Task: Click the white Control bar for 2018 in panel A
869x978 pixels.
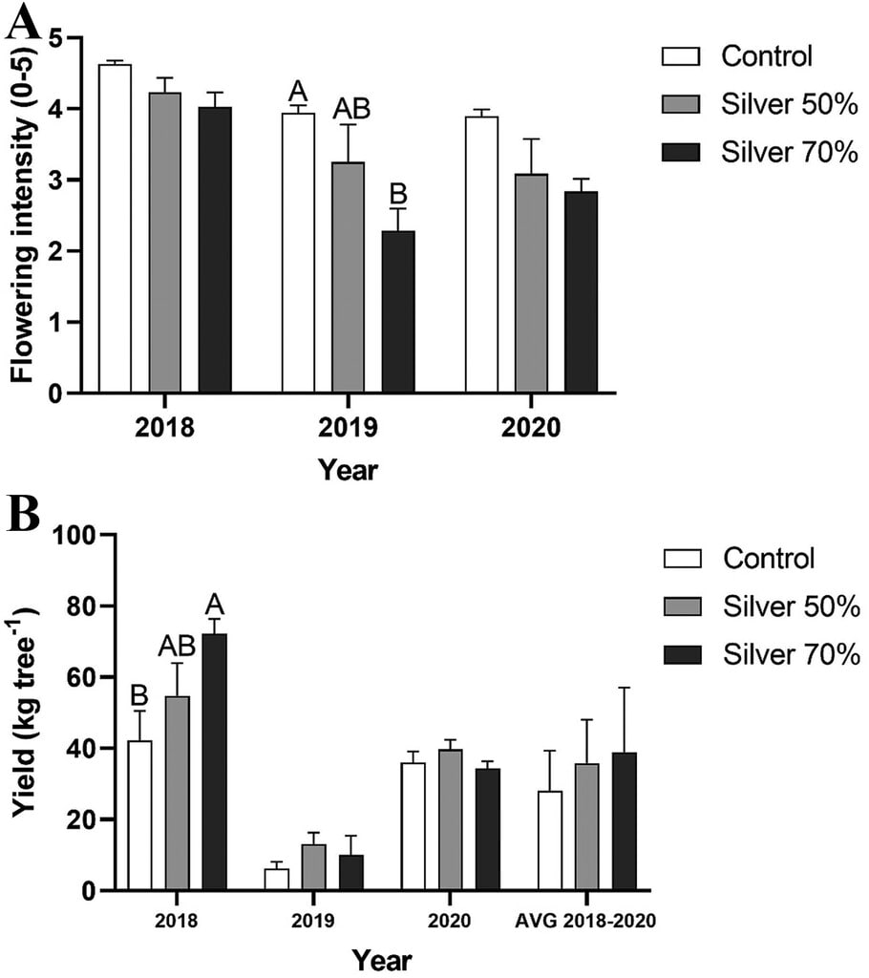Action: (x=115, y=229)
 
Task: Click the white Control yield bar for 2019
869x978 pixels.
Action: (x=276, y=880)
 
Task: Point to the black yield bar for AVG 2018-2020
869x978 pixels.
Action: (x=624, y=821)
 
